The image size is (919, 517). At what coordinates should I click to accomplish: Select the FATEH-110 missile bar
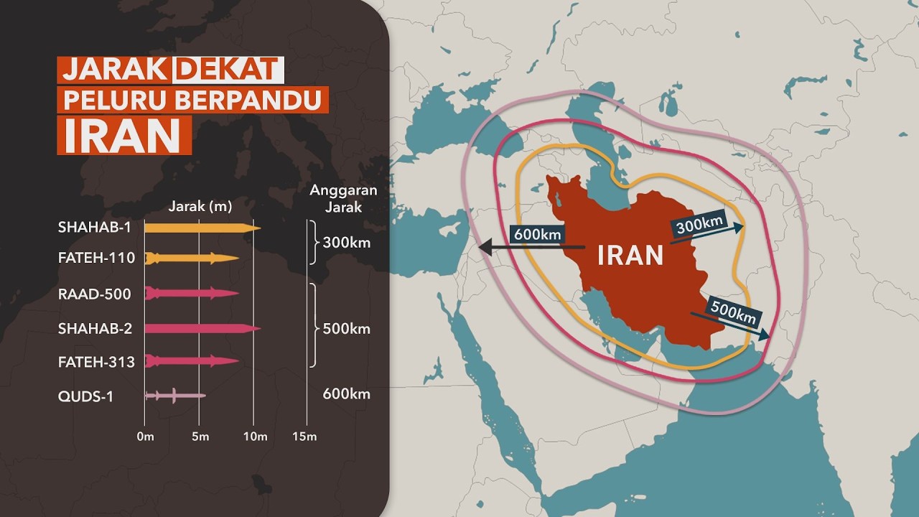[x=192, y=258]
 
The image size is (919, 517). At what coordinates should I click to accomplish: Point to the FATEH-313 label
[x=96, y=362]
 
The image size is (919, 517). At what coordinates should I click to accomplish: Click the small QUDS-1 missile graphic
[x=174, y=396]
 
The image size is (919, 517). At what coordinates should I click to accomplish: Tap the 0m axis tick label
[x=145, y=437]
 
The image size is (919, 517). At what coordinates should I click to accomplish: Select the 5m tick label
[x=200, y=437]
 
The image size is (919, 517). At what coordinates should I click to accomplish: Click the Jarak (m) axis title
[x=200, y=207]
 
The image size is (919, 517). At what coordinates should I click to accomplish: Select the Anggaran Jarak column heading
[x=342, y=199]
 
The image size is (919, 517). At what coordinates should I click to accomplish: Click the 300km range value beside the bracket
[x=347, y=242]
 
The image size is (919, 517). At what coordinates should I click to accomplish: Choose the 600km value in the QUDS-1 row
[x=347, y=394]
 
